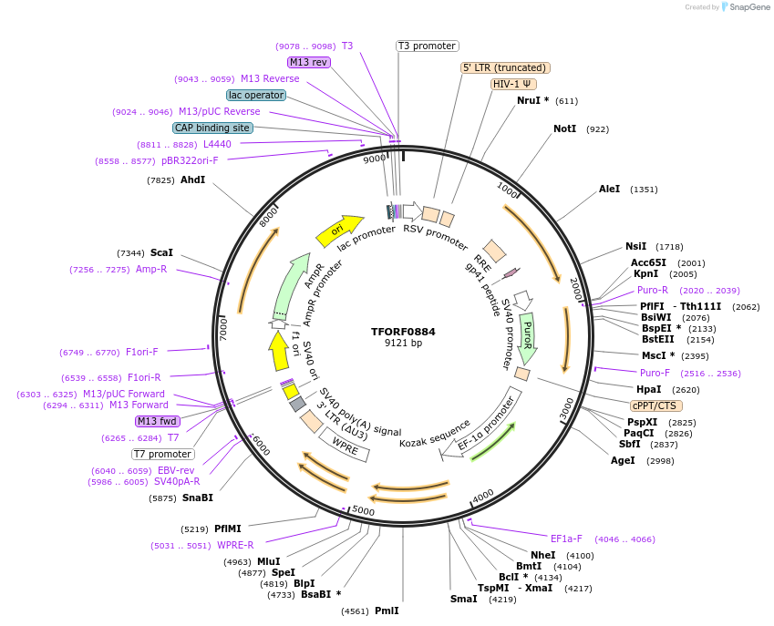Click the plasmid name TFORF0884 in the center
pos(403,332)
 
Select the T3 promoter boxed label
pos(427,46)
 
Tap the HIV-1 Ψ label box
pos(513,84)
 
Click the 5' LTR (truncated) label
pos(505,67)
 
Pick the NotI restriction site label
pos(565,129)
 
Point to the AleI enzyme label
pos(609,190)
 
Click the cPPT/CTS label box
pos(655,405)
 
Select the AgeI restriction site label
pos(623,461)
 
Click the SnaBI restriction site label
pos(197,498)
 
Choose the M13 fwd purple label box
pos(157,421)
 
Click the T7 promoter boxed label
pos(163,454)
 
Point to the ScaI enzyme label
pos(161,253)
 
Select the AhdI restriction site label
pos(192,180)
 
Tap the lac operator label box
pos(256,95)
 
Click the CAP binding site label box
pos(212,128)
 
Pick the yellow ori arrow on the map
pos(338,231)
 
